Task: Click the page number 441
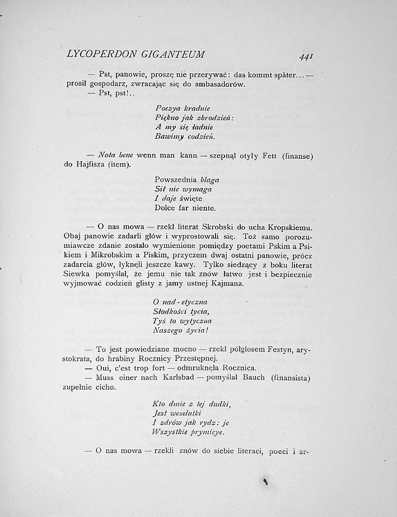tap(306, 57)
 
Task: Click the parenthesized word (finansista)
tap(290, 378)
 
